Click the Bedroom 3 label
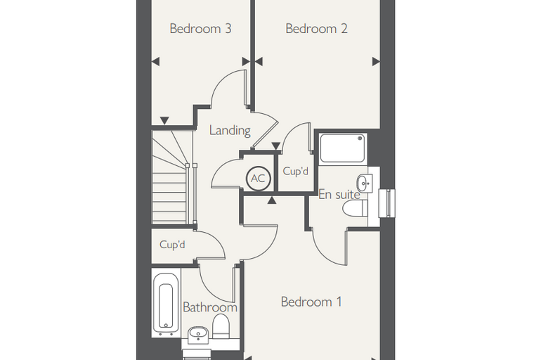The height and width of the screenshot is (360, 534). [x=200, y=29]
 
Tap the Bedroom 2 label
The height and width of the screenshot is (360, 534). [x=316, y=29]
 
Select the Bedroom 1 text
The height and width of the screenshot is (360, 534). [x=311, y=302]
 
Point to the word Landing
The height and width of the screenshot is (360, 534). [x=230, y=131]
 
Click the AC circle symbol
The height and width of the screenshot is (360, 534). [x=258, y=179]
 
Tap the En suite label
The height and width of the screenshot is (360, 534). [x=339, y=195]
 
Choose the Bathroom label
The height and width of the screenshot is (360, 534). [x=210, y=307]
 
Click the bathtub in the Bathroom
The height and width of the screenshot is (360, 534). [x=166, y=302]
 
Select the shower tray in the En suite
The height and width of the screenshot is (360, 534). [x=343, y=148]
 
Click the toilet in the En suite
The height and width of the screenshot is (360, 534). [x=356, y=208]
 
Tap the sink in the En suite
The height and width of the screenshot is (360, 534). [x=365, y=183]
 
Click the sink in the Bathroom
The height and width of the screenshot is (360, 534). [x=198, y=335]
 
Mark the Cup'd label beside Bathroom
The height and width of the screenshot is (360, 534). [x=172, y=245]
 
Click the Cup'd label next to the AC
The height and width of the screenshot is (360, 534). [x=295, y=171]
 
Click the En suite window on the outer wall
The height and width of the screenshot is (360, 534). [x=388, y=202]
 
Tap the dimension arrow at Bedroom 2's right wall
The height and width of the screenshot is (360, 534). [x=376, y=62]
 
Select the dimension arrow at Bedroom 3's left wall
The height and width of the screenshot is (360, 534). [x=156, y=62]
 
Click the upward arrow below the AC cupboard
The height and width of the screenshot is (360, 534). [x=271, y=200]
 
